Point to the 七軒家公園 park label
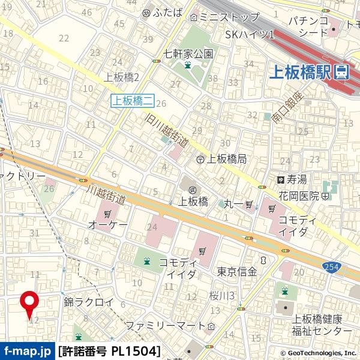coord(188,53)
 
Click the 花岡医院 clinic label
coord(299,196)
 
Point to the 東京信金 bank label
coord(238,271)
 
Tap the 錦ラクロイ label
coord(88,303)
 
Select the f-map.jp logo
coord(27,351)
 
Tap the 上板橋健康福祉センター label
coord(317,325)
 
